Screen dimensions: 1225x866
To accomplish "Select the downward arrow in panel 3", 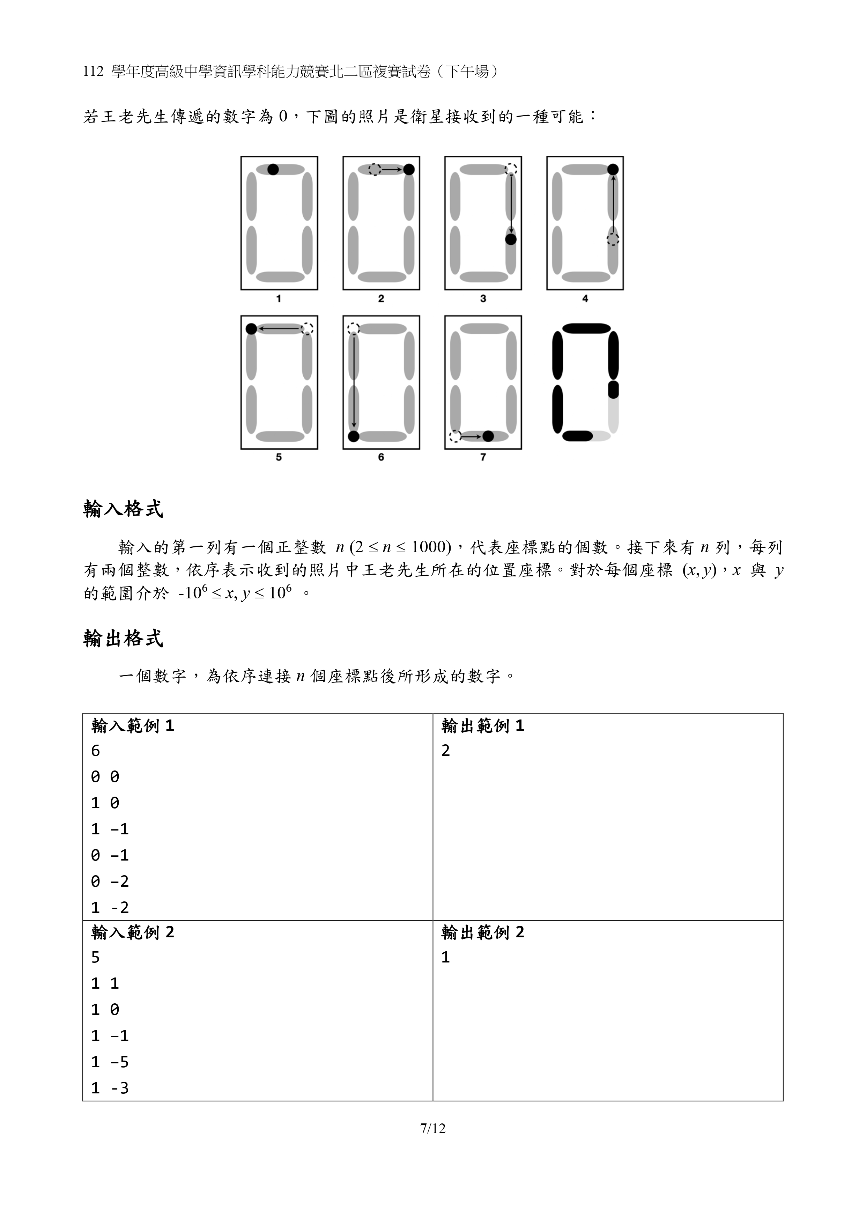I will click(511, 203).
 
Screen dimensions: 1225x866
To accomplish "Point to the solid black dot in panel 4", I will click(613, 170).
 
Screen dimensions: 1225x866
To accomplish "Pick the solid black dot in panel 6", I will click(353, 436).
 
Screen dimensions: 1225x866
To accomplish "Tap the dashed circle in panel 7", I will click(454, 436).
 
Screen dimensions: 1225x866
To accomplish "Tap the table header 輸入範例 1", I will click(132, 726).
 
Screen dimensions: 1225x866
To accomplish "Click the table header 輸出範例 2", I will click(482, 932).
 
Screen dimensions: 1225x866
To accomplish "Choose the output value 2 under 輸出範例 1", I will click(445, 751).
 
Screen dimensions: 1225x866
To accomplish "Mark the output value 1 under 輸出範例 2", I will click(445, 957).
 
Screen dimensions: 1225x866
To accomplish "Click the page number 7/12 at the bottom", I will click(433, 1128).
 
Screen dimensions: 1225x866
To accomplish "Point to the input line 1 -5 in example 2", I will click(110, 1062).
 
